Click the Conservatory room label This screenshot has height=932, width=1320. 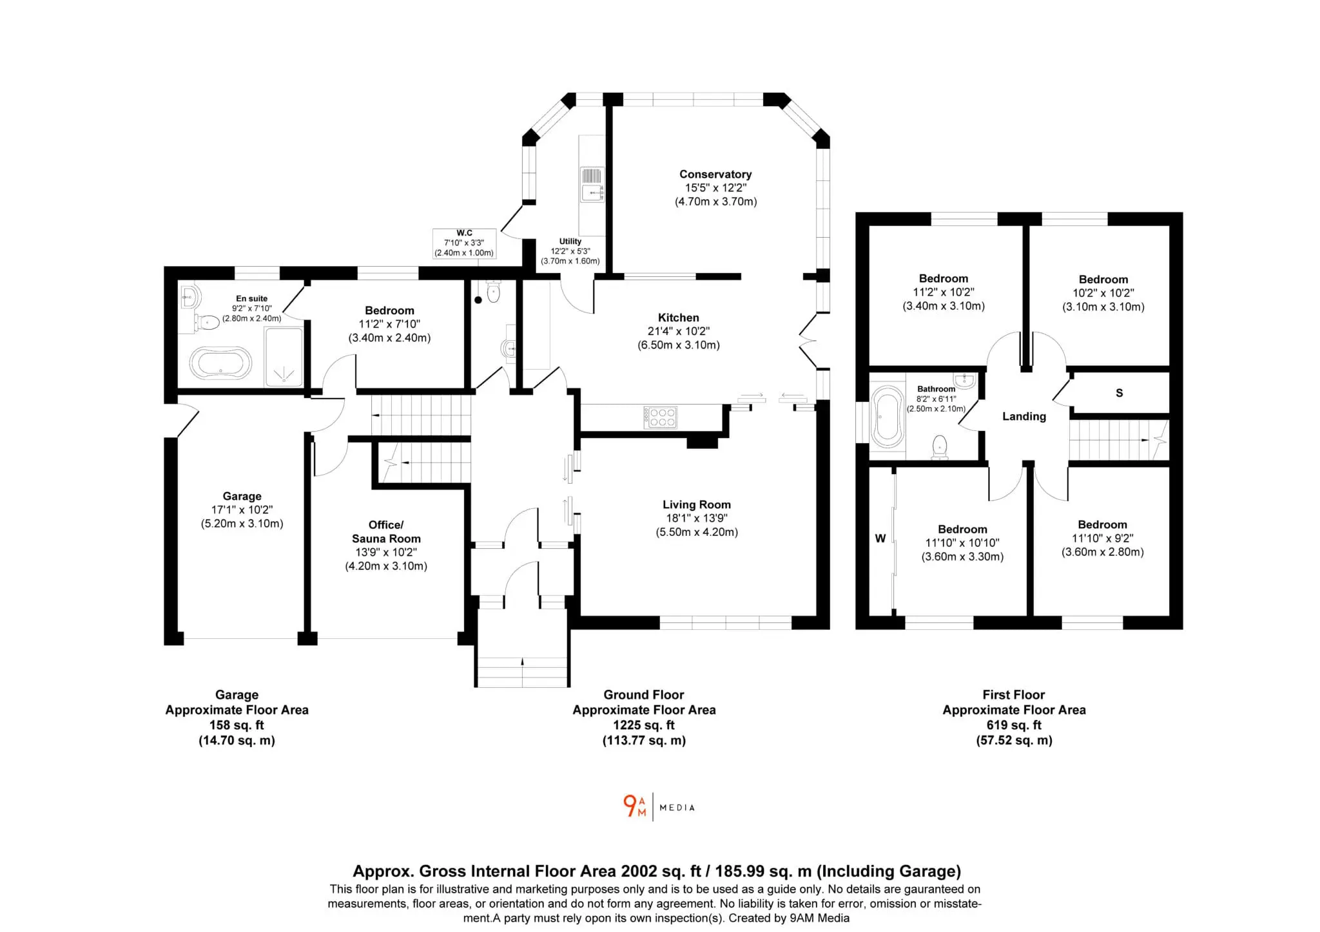point(715,174)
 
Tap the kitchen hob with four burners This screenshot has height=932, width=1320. point(660,417)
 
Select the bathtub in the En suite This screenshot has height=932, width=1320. point(220,364)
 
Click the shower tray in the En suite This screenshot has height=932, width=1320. point(284,357)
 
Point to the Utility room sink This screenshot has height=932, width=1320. point(592,184)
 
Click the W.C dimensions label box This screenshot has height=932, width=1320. point(465,243)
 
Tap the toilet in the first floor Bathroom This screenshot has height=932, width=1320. point(940,447)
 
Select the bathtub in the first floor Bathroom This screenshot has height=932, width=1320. point(887,417)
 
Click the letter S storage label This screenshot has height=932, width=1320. point(1120,393)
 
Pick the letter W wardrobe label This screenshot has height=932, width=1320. point(880,538)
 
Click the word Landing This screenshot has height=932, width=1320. point(1024,417)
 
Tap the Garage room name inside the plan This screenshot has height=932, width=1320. point(242,496)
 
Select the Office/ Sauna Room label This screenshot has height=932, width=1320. point(386,531)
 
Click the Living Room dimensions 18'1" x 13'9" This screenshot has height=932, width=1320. point(697,518)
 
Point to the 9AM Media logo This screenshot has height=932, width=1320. point(659,806)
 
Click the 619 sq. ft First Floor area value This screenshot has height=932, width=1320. point(1014,725)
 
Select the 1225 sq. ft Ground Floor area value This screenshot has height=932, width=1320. point(644,725)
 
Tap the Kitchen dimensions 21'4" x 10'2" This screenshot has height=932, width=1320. point(679,331)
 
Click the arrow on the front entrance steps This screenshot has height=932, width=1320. point(522,661)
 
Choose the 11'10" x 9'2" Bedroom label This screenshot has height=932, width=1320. point(1103,538)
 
